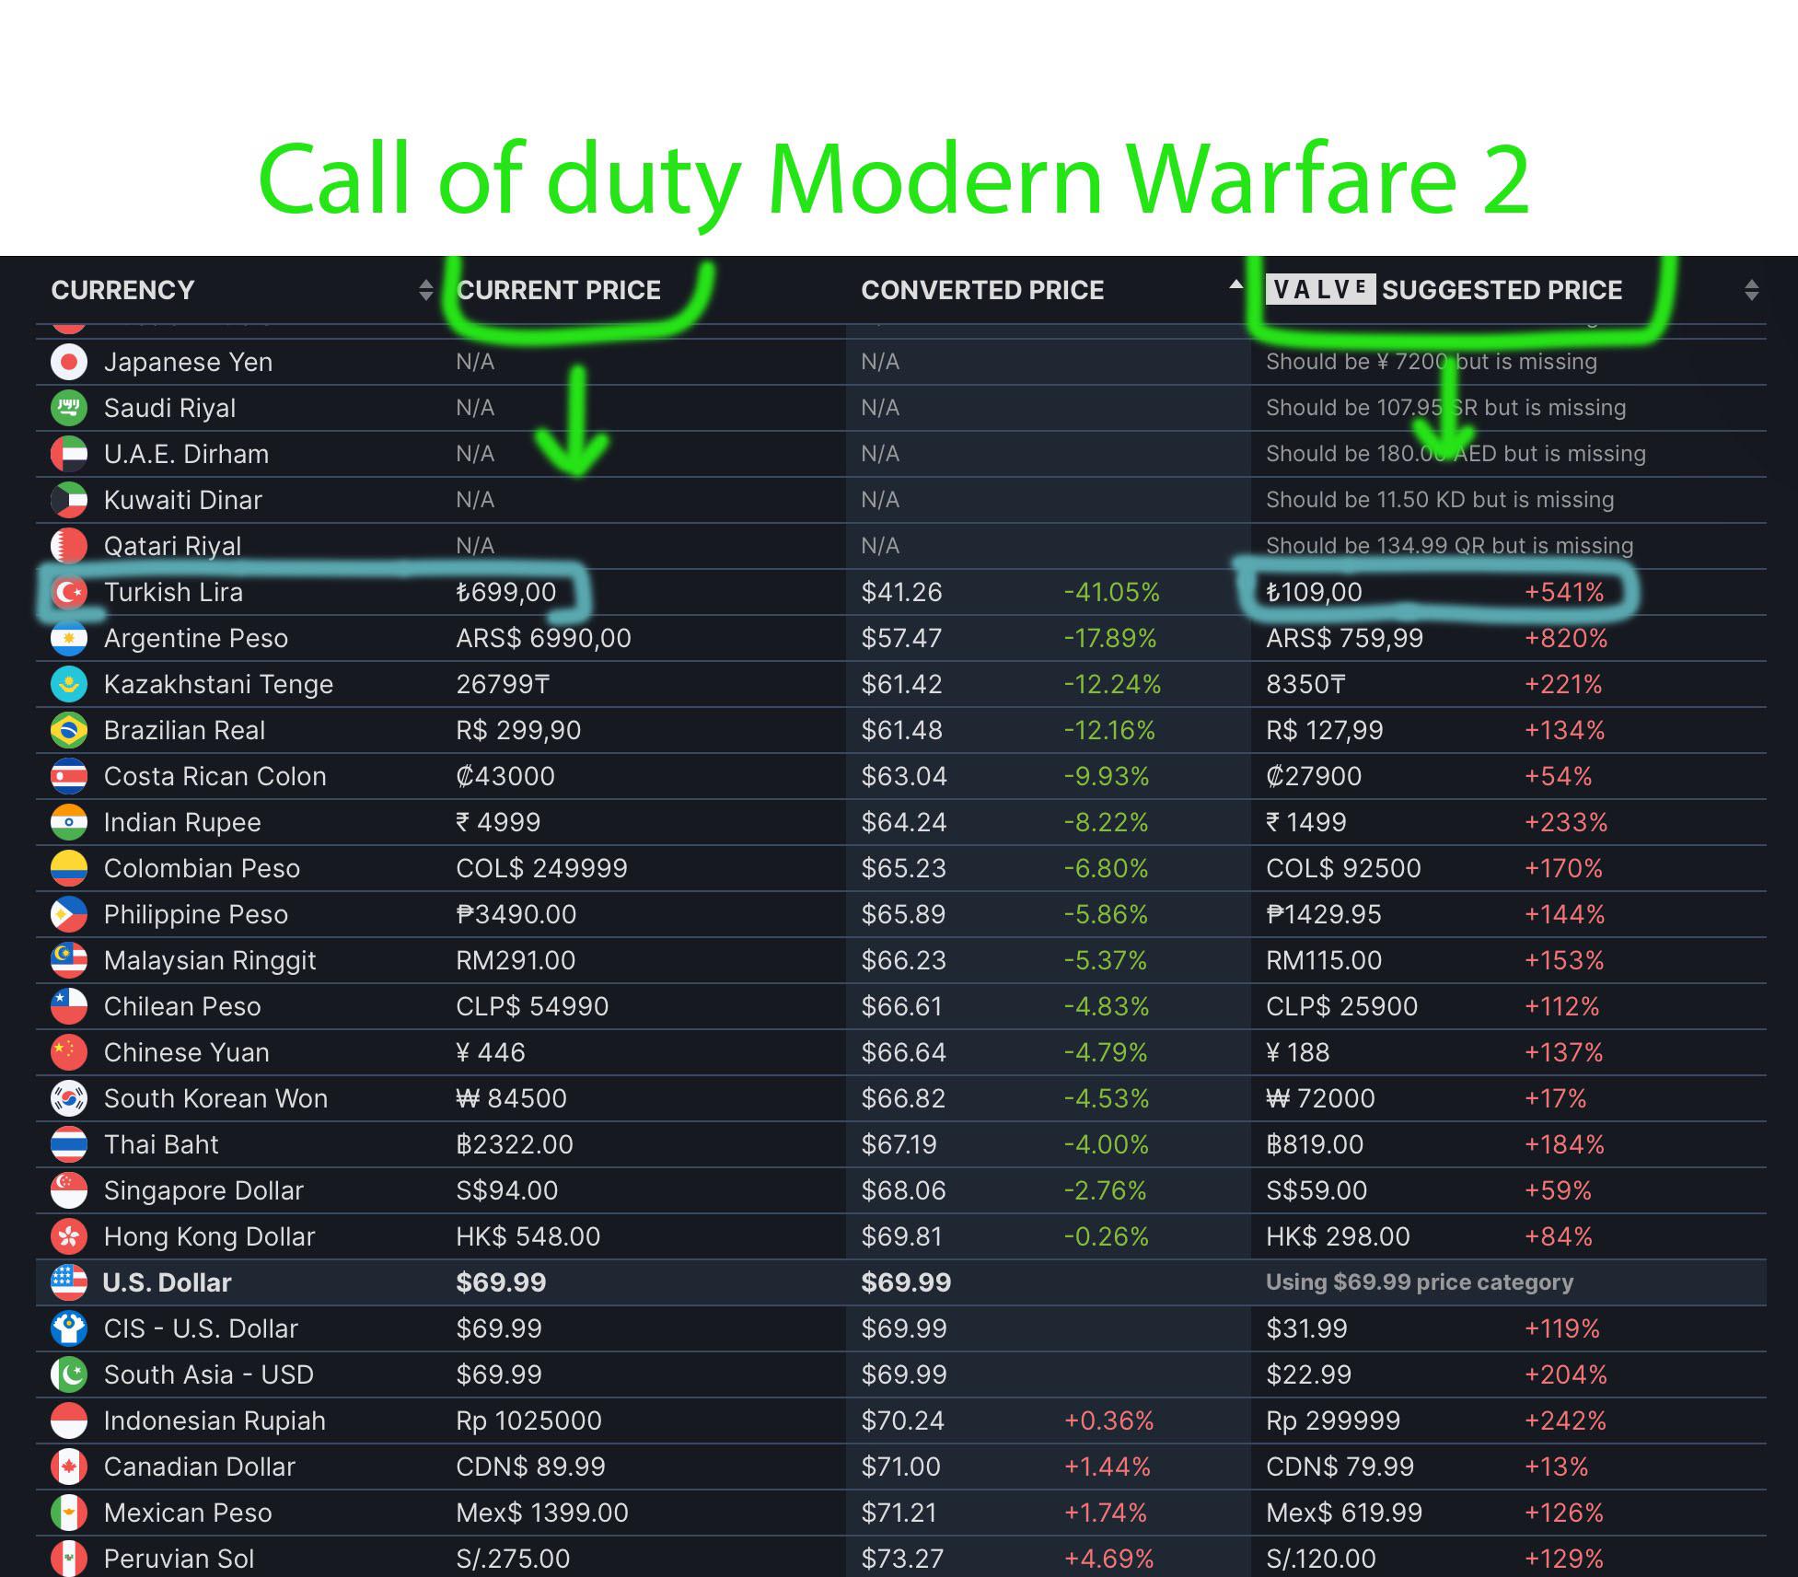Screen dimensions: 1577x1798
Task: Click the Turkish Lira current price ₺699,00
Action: pyautogui.click(x=505, y=592)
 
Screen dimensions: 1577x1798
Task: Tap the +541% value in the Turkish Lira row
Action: pyautogui.click(x=1563, y=592)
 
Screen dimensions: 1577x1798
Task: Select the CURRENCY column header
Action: pyautogui.click(x=122, y=290)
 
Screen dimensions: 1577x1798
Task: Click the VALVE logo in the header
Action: pyautogui.click(x=1319, y=289)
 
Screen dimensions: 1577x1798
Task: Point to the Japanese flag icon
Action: pyautogui.click(x=69, y=362)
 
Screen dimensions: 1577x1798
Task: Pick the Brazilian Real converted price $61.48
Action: pyautogui.click(x=901, y=730)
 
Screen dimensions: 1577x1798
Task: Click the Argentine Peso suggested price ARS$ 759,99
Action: pyautogui.click(x=1344, y=638)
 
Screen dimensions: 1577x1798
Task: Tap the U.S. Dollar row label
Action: pyautogui.click(x=167, y=1282)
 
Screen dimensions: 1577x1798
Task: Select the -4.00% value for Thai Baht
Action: pyautogui.click(x=1106, y=1144)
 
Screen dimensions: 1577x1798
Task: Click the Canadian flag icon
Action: pyautogui.click(x=69, y=1467)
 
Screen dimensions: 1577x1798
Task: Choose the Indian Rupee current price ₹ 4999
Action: pyautogui.click(x=498, y=822)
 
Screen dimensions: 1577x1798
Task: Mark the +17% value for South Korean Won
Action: pyautogui.click(x=1555, y=1098)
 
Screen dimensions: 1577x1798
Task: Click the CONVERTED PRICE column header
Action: pyautogui.click(x=982, y=290)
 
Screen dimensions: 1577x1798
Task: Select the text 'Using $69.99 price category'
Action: pyautogui.click(x=1419, y=1282)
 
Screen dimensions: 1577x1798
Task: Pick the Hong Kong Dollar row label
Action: pyautogui.click(x=209, y=1236)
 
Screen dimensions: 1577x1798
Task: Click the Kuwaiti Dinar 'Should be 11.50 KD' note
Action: pyautogui.click(x=1439, y=500)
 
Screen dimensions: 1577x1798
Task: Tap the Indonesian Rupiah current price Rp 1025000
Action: pyautogui.click(x=528, y=1420)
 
